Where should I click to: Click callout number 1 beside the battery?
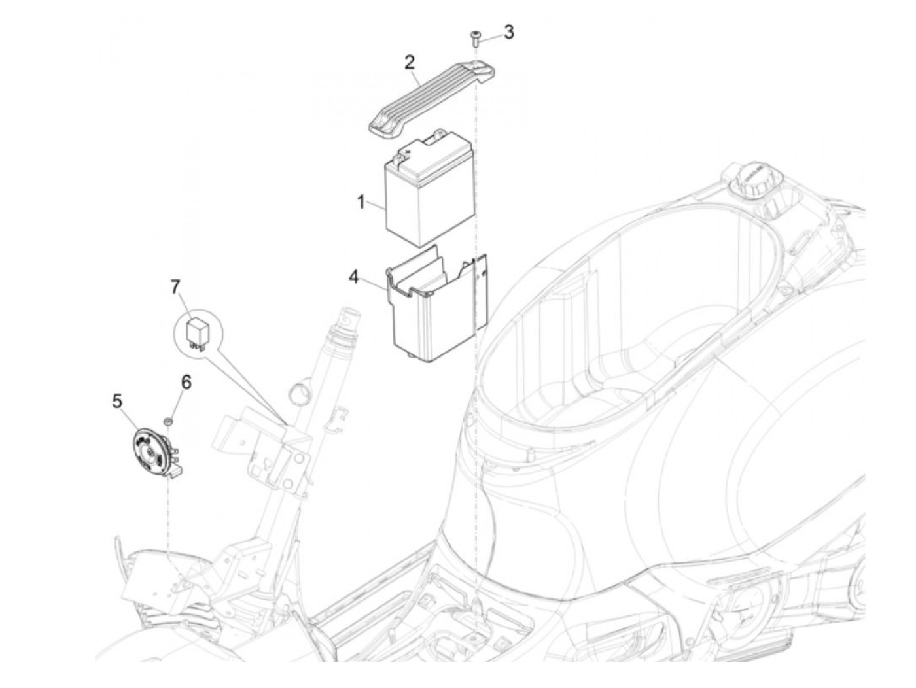point(361,202)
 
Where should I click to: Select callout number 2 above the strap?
point(410,63)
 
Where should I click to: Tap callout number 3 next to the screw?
point(508,31)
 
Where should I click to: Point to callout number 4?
point(372,277)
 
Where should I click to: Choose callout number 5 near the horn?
point(117,401)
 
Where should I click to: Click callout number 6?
point(186,382)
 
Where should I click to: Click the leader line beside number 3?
point(492,33)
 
